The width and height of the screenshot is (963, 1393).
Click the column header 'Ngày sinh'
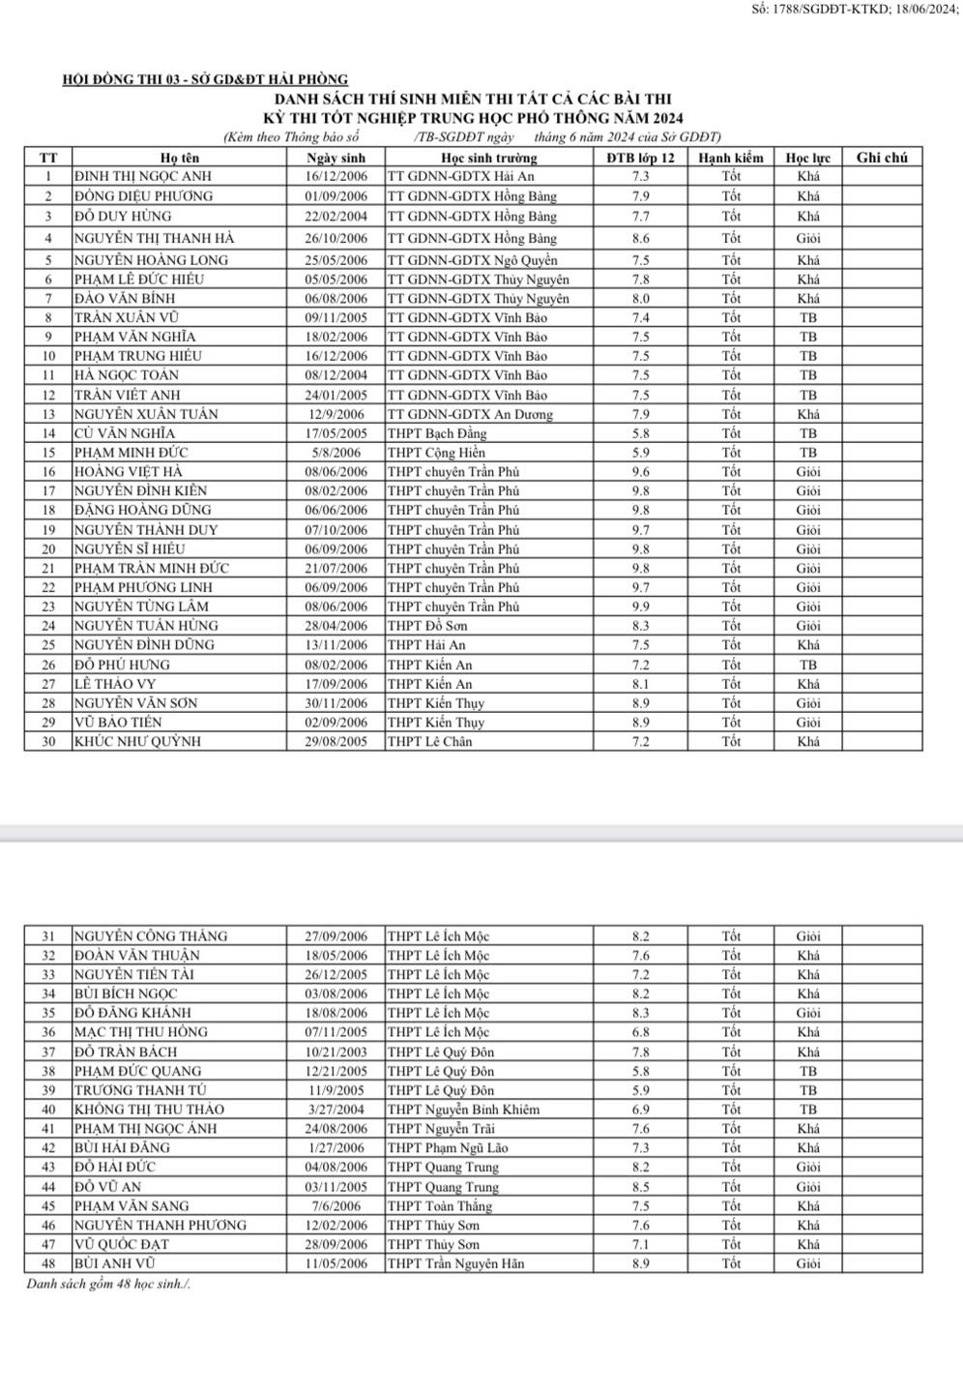(x=336, y=158)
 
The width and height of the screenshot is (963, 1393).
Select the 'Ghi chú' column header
(x=882, y=158)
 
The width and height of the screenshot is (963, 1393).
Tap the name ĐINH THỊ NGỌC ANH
(x=143, y=176)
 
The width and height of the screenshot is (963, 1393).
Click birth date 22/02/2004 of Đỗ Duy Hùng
(x=336, y=217)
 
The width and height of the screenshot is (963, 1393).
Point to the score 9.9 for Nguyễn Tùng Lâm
(x=640, y=607)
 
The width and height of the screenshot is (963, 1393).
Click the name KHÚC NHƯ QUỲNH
(x=137, y=742)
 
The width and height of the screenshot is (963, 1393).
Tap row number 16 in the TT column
(x=48, y=472)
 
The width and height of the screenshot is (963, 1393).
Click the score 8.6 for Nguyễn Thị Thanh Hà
(x=640, y=238)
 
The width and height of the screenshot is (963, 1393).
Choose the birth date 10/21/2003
(x=336, y=1052)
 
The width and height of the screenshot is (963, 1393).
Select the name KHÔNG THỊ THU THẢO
(x=149, y=1110)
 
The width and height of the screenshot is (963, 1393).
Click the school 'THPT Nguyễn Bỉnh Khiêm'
(x=463, y=1110)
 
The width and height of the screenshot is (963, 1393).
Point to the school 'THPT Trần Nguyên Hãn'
(x=455, y=1263)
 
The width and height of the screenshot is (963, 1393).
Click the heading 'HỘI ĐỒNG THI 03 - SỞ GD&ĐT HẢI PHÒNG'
(x=205, y=80)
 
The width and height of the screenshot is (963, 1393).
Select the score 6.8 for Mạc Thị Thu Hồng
(x=640, y=1032)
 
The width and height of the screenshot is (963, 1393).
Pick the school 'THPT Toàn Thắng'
(x=440, y=1206)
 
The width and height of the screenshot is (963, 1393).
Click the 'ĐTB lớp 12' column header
(x=640, y=158)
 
